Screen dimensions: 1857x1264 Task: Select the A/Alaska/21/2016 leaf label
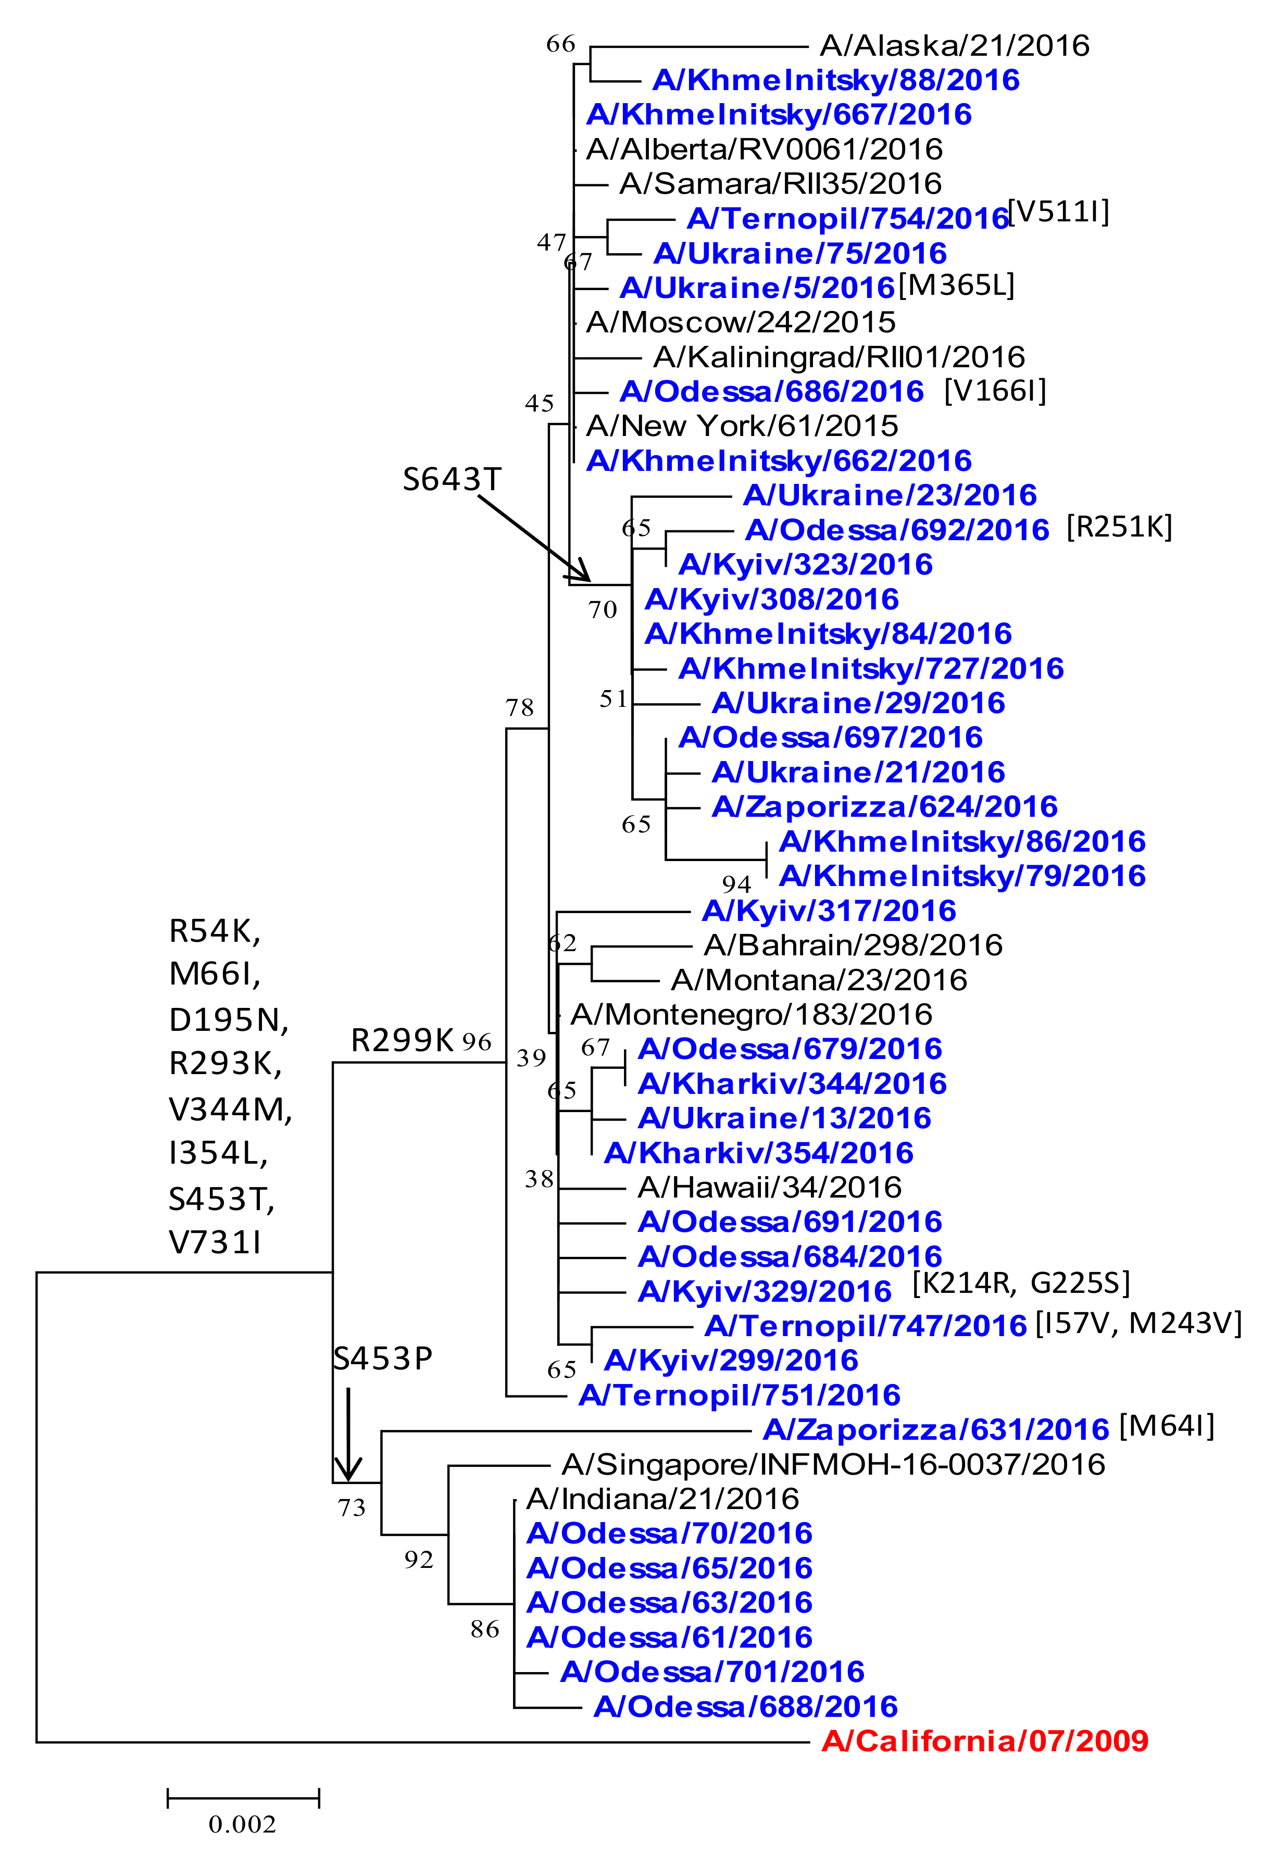954,45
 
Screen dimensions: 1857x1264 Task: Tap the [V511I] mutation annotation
1058,212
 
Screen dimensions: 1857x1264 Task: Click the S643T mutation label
452,479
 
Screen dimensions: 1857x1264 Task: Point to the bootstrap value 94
736,884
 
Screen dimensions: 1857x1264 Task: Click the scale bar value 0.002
242,1824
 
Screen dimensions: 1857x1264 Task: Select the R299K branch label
402,1040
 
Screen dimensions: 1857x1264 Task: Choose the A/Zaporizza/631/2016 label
935,1429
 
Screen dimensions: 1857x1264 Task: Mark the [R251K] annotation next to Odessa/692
1119,527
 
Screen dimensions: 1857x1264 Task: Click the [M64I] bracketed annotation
1166,1426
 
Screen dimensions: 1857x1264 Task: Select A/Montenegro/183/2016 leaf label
751,1014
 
